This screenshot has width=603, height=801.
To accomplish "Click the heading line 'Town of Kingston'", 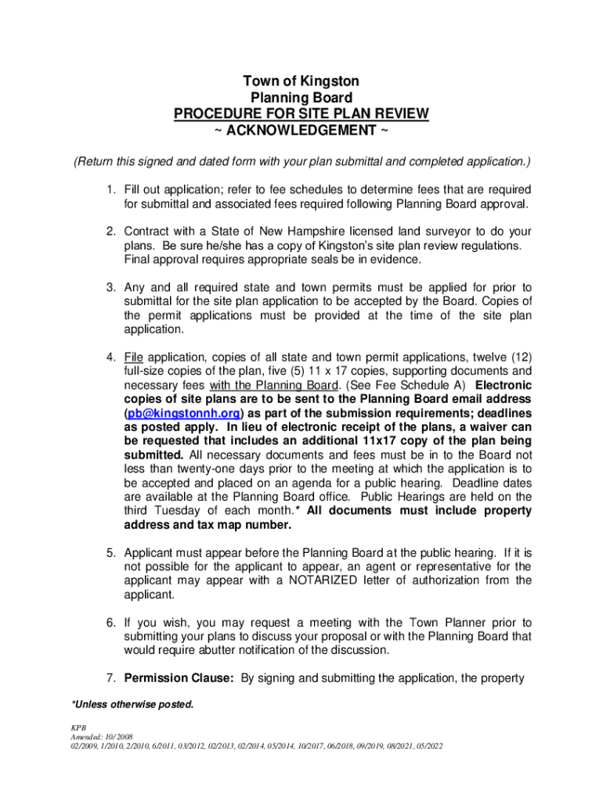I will pyautogui.click(x=301, y=81).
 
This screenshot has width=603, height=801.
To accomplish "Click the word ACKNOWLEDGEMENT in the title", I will pyautogui.click(x=301, y=129).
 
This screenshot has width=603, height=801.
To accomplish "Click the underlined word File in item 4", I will pyautogui.click(x=133, y=357).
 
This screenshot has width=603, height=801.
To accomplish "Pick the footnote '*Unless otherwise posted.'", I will pyautogui.click(x=132, y=705).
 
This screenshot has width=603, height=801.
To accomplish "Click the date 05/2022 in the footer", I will pyautogui.click(x=426, y=746).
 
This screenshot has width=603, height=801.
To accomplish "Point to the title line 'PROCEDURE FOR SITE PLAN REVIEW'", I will pyautogui.click(x=301, y=113).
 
